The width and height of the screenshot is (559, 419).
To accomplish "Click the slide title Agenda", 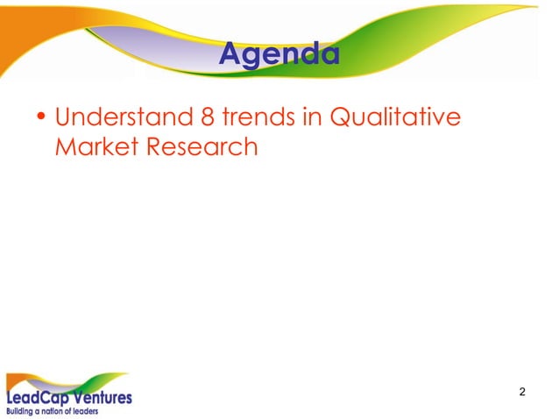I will [279, 55].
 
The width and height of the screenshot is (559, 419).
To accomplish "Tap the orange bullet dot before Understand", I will [40, 117].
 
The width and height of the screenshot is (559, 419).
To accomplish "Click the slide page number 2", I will [522, 391].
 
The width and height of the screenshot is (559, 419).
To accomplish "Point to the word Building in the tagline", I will [24, 410].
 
